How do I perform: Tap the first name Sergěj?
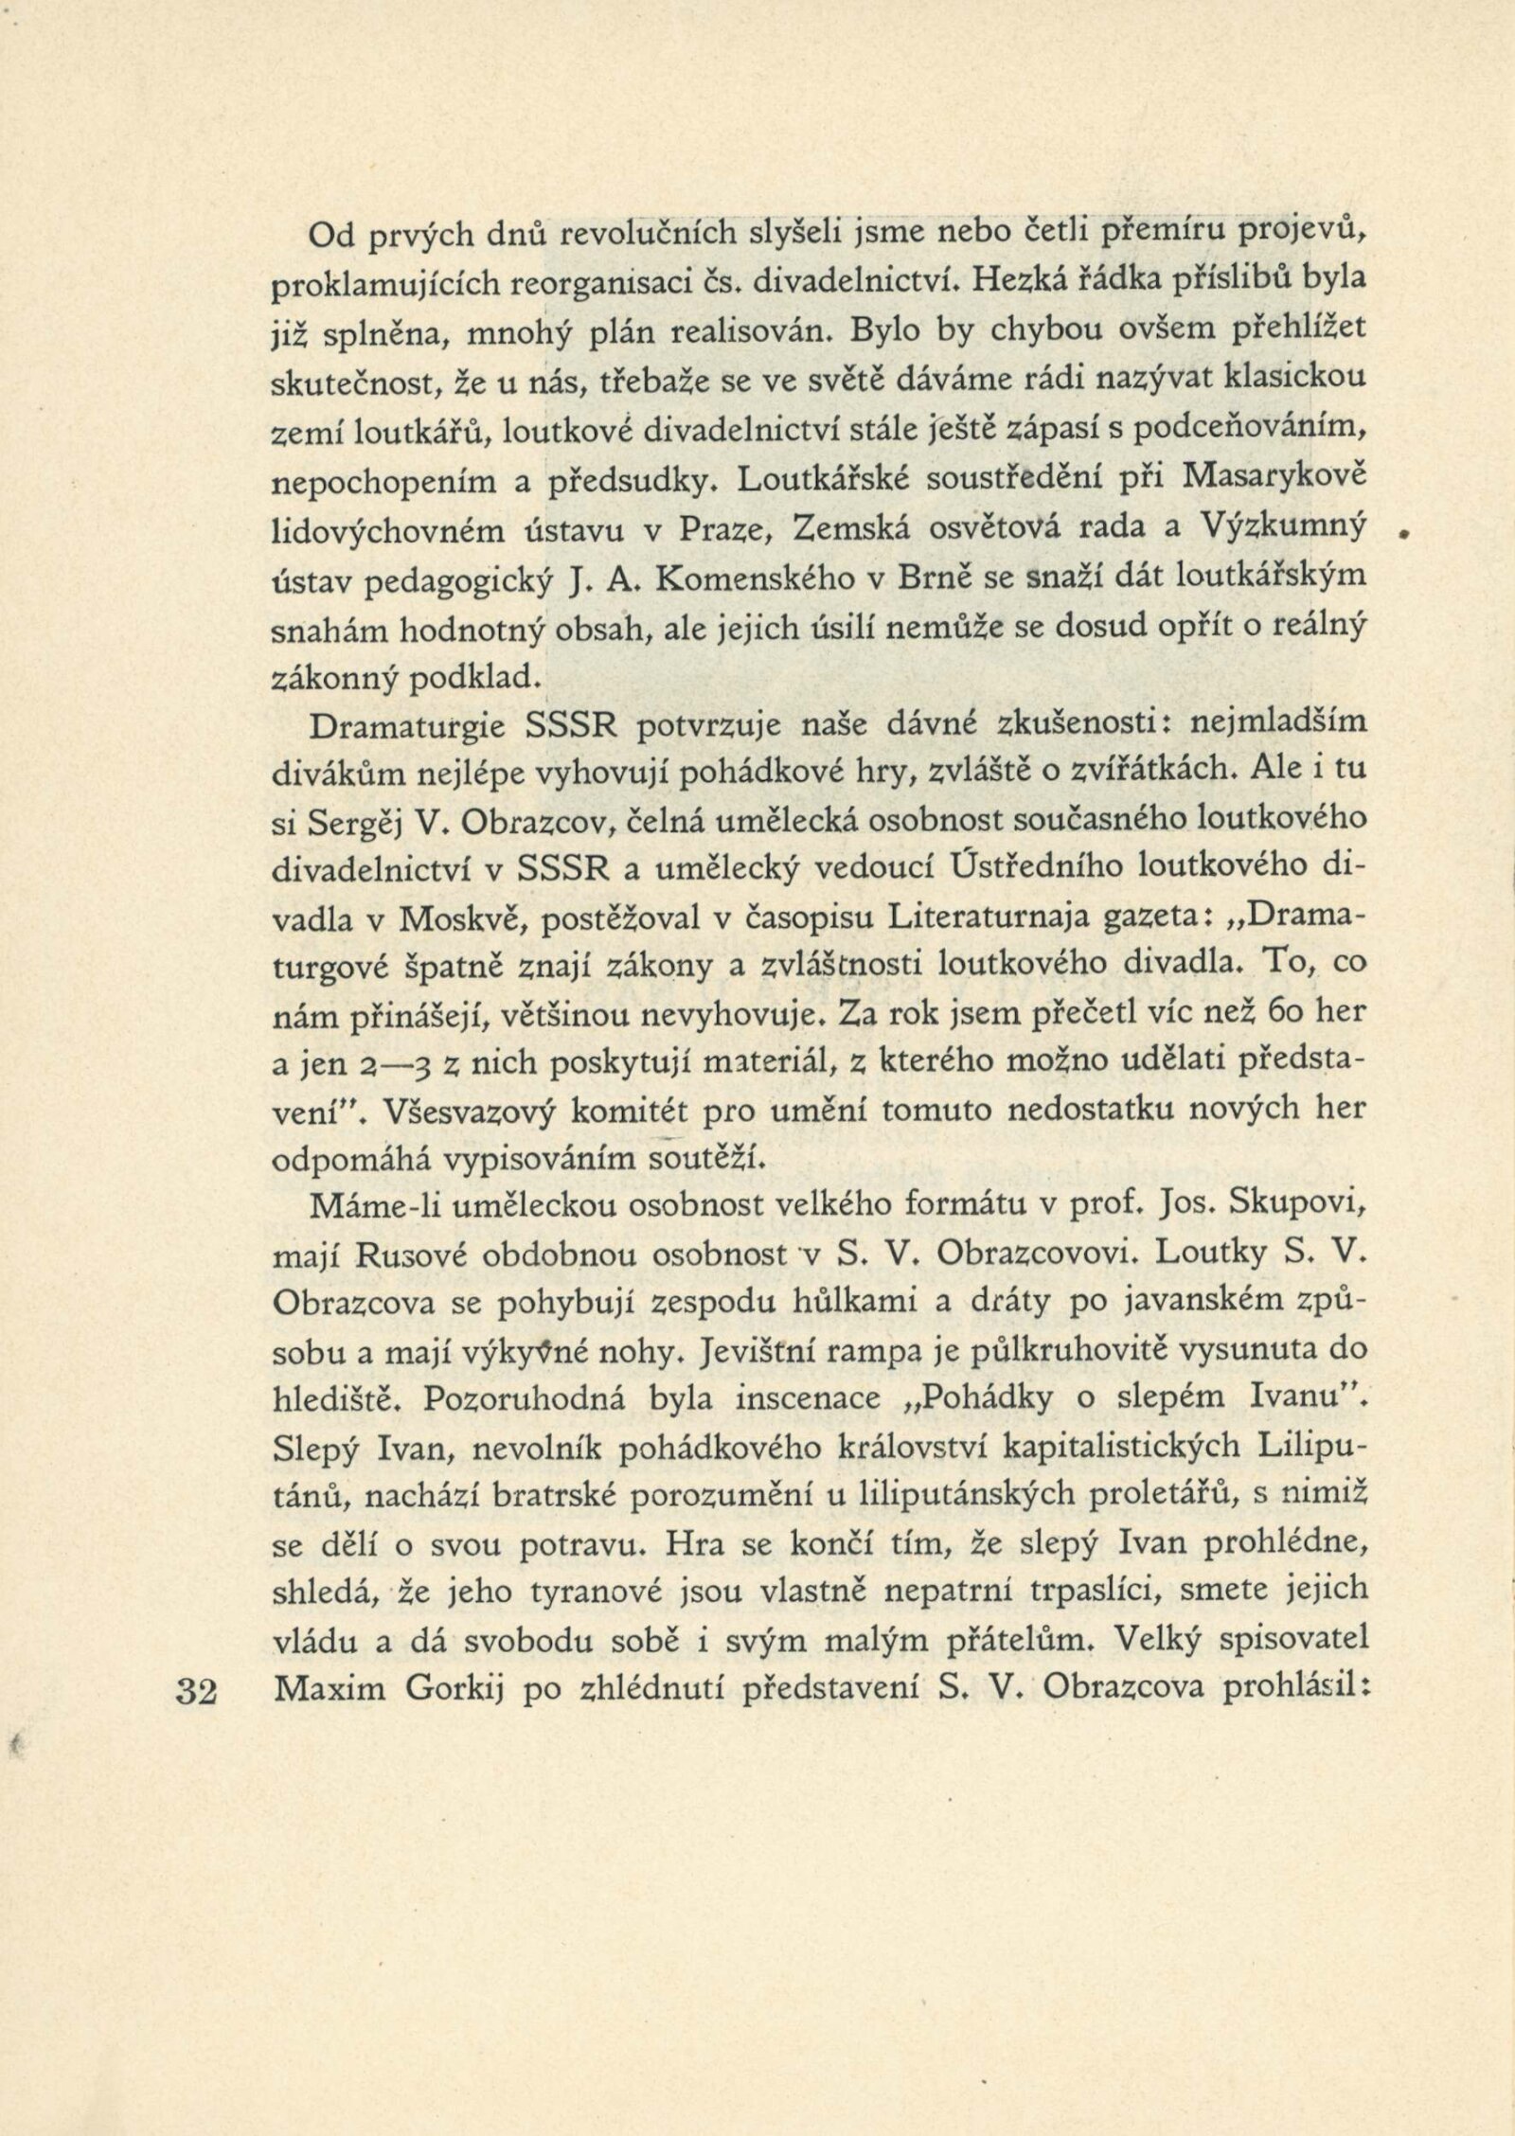point(358,824)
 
